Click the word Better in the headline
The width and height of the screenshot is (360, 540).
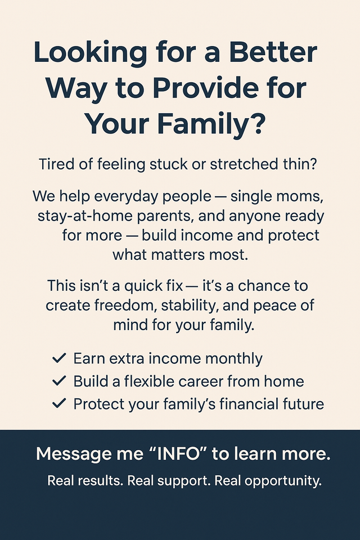273,52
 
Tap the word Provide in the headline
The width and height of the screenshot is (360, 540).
205,88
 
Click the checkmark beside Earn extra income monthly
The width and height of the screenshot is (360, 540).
59,358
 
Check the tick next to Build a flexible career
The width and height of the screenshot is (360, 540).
59,381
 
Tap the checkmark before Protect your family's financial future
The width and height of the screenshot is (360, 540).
59,403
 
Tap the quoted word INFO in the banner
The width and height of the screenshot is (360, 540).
178,454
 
